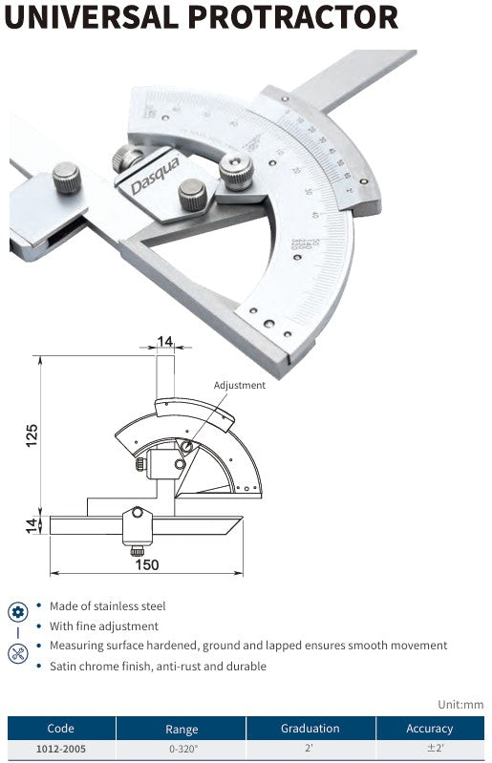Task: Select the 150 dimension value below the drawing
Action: (x=146, y=565)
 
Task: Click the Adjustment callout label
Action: (x=239, y=385)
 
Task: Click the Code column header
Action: (x=61, y=728)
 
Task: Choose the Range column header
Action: (x=182, y=728)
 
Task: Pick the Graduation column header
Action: (x=310, y=728)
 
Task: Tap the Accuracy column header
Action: (x=429, y=728)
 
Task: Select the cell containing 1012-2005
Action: (x=61, y=749)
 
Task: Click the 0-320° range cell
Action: (x=182, y=749)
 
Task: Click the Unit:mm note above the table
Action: (x=460, y=704)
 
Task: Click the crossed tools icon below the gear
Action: (x=17, y=654)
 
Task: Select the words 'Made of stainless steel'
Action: (x=108, y=605)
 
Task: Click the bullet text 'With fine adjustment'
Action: (x=104, y=625)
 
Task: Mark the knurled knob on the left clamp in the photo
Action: (x=66, y=177)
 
